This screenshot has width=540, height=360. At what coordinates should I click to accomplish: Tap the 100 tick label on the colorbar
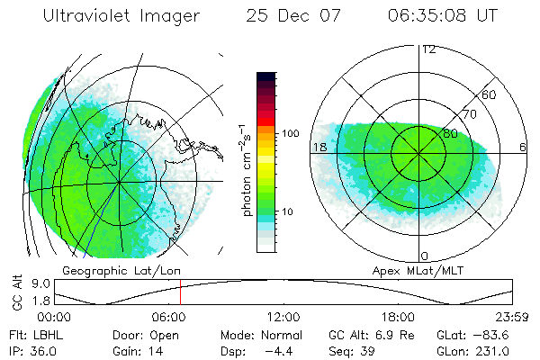291,133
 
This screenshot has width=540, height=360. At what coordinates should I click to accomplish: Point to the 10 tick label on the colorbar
288,211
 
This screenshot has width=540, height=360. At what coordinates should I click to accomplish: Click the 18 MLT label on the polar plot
319,147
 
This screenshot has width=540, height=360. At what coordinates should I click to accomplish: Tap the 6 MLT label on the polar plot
523,147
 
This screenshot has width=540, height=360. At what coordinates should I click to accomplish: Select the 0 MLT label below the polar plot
425,256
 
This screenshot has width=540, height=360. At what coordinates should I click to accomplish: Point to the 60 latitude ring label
489,94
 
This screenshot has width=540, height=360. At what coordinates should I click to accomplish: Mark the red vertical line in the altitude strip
180,292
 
